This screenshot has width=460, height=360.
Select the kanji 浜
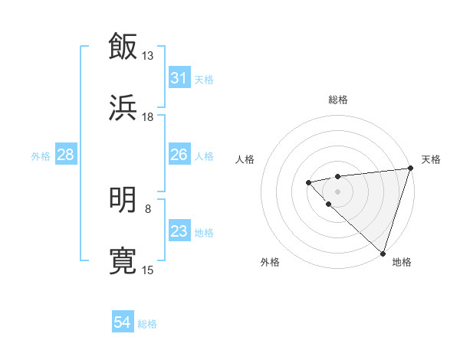coord(123,107)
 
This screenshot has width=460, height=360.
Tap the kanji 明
coord(123,199)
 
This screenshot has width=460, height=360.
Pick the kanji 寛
coord(123,260)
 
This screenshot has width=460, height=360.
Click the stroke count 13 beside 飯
coord(148,55)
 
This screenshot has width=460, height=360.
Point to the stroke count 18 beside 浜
coord(148,116)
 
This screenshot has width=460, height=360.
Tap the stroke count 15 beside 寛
coord(148,270)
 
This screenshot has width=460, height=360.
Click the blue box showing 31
coord(179,78)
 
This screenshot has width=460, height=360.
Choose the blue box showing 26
coord(179,155)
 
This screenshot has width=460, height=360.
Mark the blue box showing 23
coord(179,231)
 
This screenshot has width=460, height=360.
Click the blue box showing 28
coord(65,155)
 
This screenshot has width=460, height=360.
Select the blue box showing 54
coord(123,323)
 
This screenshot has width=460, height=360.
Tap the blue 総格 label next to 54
coord(147,324)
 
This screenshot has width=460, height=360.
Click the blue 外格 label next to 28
coord(41,156)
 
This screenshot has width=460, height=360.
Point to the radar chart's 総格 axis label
coord(338,100)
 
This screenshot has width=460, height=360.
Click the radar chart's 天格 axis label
coord(431,159)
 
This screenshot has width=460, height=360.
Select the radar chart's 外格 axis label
coord(270,262)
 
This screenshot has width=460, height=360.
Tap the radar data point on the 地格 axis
coord(383,253)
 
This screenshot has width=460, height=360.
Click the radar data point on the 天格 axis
coord(410,169)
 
